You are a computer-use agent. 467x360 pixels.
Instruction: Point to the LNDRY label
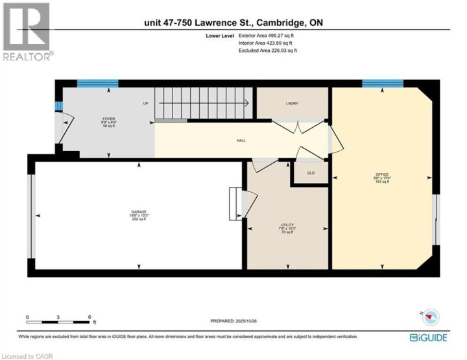[x=291, y=103]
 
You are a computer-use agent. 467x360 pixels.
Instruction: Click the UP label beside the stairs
[x=146, y=103]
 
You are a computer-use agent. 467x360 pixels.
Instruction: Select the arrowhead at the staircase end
[x=247, y=103]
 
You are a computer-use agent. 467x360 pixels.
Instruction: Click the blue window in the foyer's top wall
[x=97, y=83]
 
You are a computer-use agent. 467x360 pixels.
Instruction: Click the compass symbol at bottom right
[x=430, y=316]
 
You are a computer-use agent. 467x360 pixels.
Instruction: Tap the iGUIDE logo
[x=429, y=338]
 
